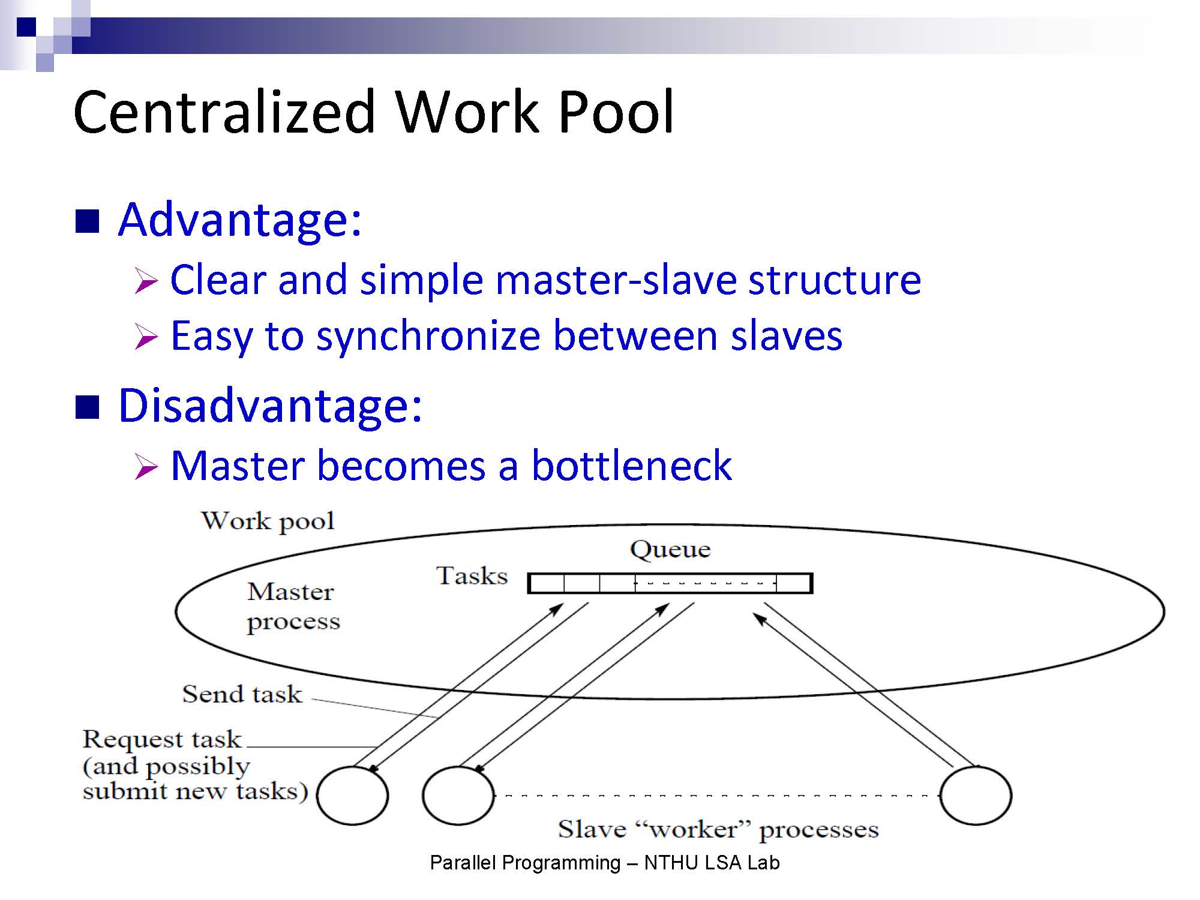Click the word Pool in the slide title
click(616, 112)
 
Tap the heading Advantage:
click(240, 220)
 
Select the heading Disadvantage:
click(270, 406)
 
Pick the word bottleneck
click(631, 466)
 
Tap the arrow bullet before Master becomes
click(146, 467)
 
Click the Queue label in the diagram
click(670, 550)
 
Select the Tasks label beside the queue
click(472, 576)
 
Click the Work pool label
click(268, 521)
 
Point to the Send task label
click(242, 694)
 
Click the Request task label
click(162, 739)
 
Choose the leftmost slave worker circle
click(352, 796)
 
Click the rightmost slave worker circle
click(976, 796)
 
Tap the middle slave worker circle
click(458, 796)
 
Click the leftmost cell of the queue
click(547, 583)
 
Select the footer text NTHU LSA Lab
click(712, 863)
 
